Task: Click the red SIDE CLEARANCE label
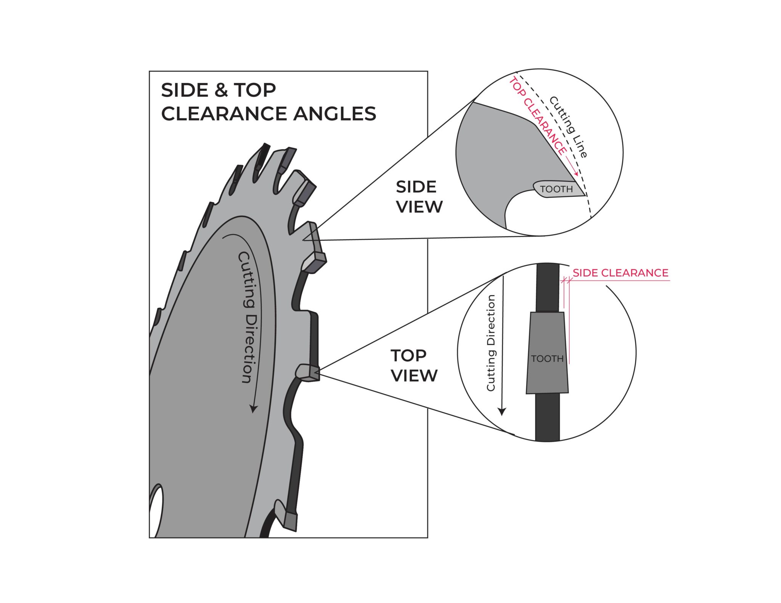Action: coord(620,273)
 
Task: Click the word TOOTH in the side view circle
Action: coord(556,189)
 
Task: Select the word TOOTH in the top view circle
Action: coord(547,359)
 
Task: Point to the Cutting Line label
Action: coord(568,127)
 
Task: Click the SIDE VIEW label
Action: coord(419,197)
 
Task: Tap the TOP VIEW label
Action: coord(414,366)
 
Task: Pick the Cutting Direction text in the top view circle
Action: coord(491,343)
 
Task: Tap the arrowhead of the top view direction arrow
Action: coord(502,412)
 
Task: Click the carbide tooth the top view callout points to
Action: coord(309,372)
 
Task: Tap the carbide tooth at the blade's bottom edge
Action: coord(291,521)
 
